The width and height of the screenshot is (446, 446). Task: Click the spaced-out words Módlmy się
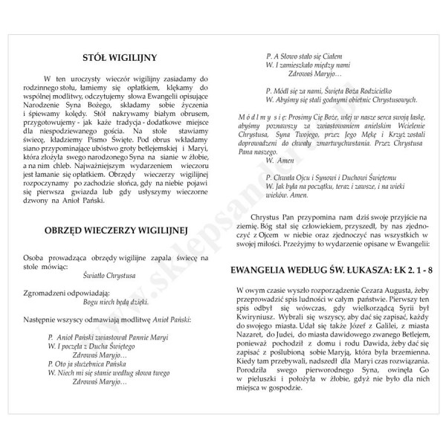pos(261,118)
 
